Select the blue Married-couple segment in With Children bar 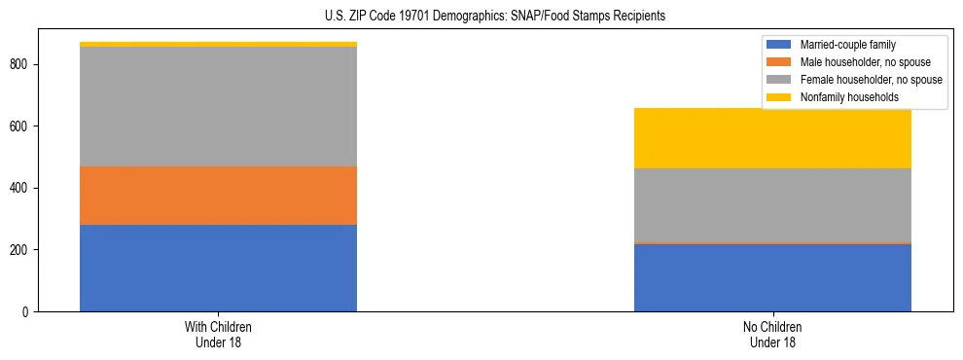(x=218, y=268)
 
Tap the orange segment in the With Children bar (x=218, y=196)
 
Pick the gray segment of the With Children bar (x=218, y=106)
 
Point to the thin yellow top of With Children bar (x=218, y=44)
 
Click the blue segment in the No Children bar (x=772, y=277)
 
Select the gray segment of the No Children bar (x=772, y=204)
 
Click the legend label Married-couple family (x=847, y=45)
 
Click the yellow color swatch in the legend (x=780, y=97)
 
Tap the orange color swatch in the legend (x=780, y=62)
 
